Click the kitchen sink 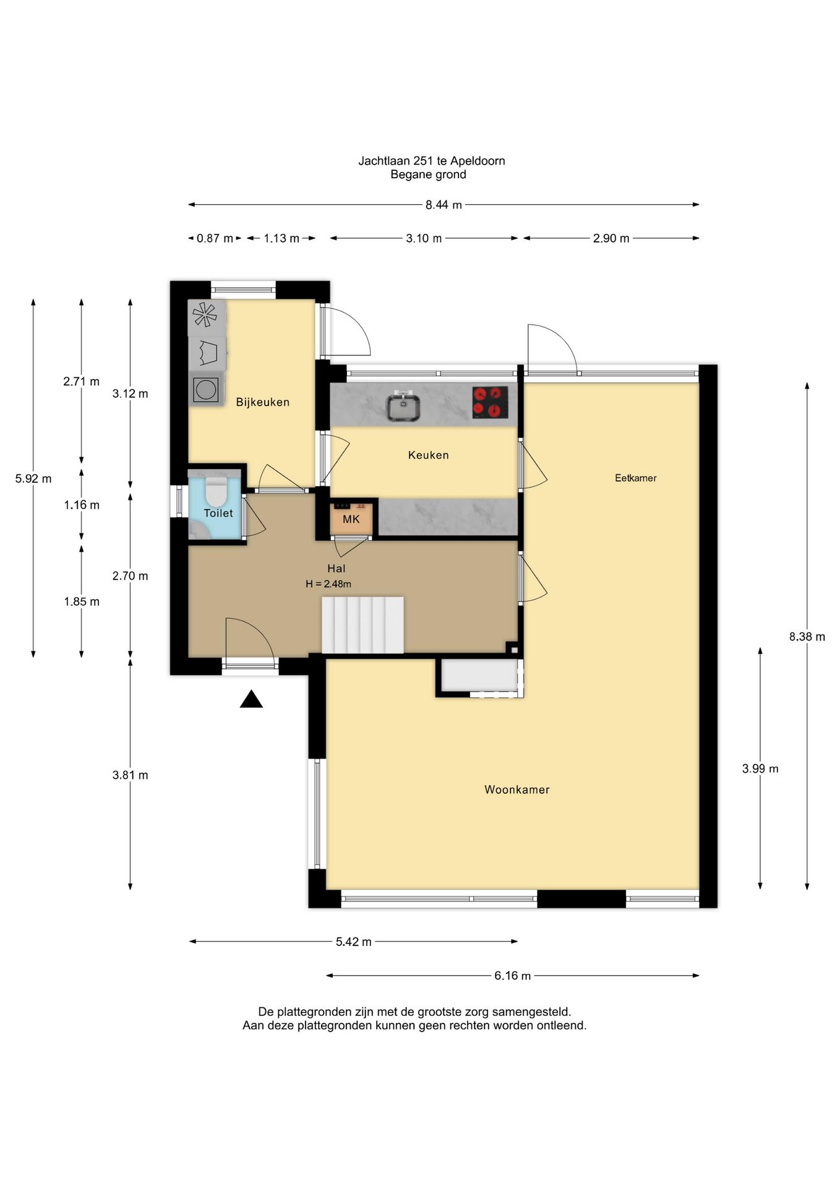[x=403, y=407]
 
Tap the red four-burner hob [x=490, y=402]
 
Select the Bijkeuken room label [x=263, y=402]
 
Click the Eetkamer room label [x=635, y=478]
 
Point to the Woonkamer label [x=516, y=790]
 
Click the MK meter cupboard [x=351, y=518]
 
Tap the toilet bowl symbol [x=216, y=491]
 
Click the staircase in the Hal [x=362, y=625]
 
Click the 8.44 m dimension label [x=444, y=205]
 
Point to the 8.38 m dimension [x=807, y=637]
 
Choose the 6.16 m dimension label [x=512, y=976]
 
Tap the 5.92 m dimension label [x=33, y=478]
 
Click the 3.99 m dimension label [x=760, y=768]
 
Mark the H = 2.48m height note [x=328, y=583]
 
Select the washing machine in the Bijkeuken [x=206, y=389]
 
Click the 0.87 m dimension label [x=215, y=238]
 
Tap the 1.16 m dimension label [x=82, y=505]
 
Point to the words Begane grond [x=428, y=174]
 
